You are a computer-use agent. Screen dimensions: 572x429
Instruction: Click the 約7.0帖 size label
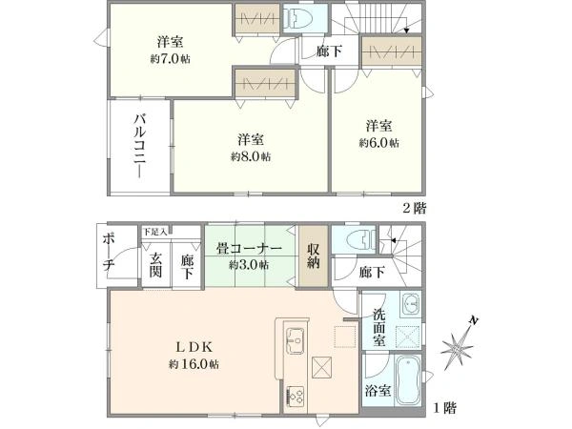pos(171,59)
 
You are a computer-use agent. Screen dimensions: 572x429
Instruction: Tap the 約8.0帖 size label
pos(251,156)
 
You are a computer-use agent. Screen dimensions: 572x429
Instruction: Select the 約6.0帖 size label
pos(379,143)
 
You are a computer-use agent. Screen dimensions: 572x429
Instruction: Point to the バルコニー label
pos(140,146)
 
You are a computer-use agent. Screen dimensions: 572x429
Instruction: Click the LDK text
pos(194,347)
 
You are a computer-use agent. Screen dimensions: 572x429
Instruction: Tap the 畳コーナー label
pos(249,249)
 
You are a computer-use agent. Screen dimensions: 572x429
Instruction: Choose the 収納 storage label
pos(314,255)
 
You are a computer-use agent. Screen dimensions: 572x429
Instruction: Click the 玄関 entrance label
pos(155,265)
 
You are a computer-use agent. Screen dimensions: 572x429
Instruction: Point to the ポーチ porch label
pos(109,253)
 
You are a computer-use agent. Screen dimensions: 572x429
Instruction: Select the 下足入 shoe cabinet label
pos(155,232)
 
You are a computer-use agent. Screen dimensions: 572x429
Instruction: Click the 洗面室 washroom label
pos(379,328)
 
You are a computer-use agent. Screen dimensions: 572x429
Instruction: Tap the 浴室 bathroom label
pos(378,391)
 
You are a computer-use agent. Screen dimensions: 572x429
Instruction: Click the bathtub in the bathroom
pos(407,380)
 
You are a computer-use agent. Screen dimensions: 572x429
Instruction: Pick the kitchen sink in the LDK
pos(296,340)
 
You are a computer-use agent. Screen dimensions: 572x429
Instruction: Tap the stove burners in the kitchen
pos(296,396)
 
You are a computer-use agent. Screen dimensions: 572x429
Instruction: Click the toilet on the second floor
pos(298,18)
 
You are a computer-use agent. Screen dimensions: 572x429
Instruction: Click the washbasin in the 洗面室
pos(411,303)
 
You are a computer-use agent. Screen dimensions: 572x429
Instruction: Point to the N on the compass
pos(473,321)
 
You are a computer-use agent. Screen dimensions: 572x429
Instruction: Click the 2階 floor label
pos(415,208)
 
